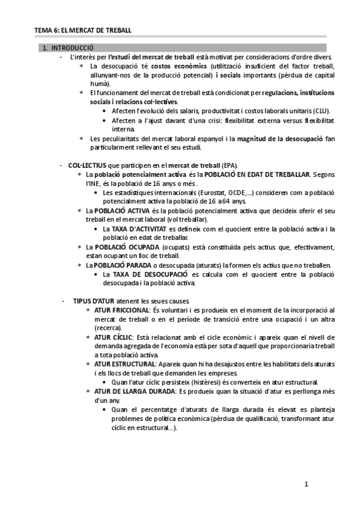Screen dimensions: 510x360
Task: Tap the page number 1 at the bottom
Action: [306, 484]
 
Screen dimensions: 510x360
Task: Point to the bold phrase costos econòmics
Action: [179, 66]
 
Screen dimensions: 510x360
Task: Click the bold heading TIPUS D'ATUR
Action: [95, 301]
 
